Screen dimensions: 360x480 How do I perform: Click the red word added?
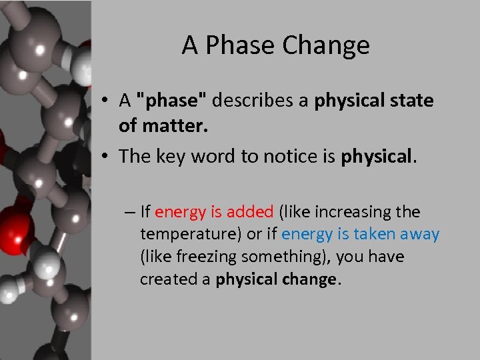(x=250, y=212)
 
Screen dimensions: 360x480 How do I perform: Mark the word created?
(x=164, y=279)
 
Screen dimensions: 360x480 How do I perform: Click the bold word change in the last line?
(x=313, y=279)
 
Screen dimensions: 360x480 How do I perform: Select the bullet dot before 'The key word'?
(x=107, y=157)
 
